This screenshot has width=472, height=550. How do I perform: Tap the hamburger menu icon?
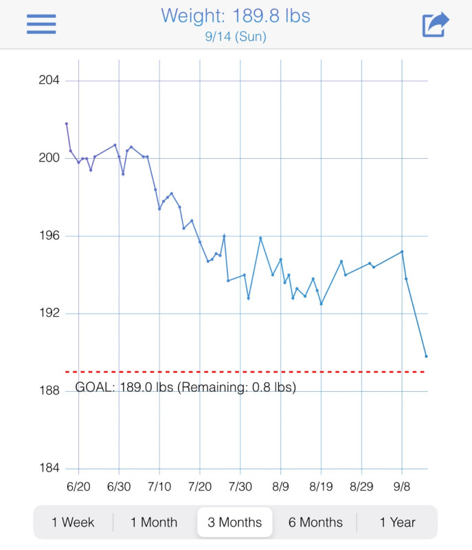click(41, 24)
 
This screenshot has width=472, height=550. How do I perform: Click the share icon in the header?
click(435, 24)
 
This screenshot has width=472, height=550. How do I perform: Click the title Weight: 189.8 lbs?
click(235, 15)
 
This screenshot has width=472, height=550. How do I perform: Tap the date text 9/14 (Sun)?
click(235, 37)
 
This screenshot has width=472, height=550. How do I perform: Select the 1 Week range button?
click(73, 522)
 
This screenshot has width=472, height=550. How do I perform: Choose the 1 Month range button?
click(154, 522)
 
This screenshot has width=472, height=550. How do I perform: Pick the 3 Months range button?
click(235, 522)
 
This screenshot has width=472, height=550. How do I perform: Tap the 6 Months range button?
click(315, 522)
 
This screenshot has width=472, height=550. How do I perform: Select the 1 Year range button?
click(397, 522)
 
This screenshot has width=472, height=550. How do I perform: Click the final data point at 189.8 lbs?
click(426, 356)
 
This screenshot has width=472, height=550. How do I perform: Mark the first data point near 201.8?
click(67, 124)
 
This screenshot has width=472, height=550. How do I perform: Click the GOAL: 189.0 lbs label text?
click(186, 387)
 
